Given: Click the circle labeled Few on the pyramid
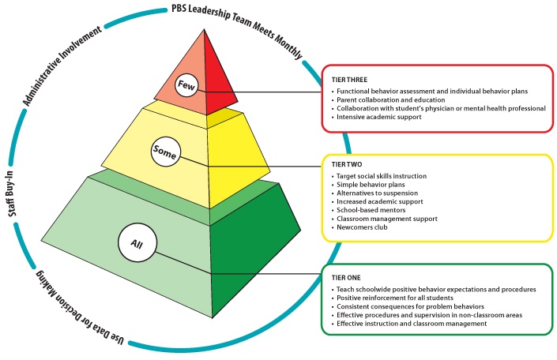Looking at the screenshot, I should (185, 83).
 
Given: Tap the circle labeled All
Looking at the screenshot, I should (134, 243).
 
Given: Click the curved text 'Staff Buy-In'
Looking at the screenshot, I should (19, 206).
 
